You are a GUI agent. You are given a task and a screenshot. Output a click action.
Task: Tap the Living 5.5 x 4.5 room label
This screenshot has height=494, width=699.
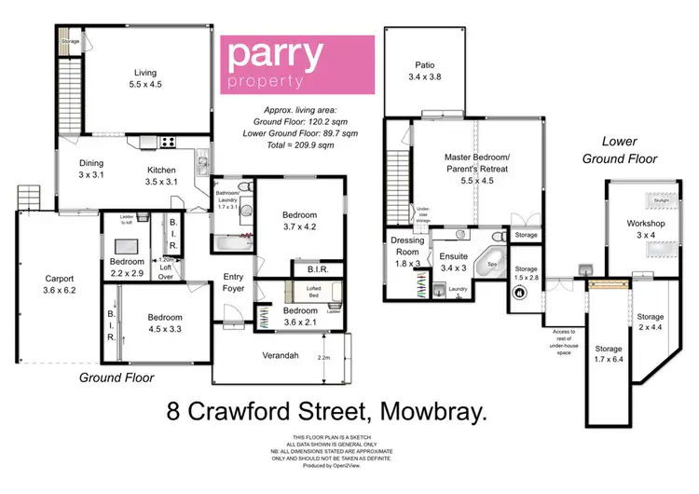click(x=144, y=77)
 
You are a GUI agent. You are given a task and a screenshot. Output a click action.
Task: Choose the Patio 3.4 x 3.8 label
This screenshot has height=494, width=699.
click(x=424, y=71)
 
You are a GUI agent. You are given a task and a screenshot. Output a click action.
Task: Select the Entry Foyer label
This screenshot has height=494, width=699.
click(x=233, y=282)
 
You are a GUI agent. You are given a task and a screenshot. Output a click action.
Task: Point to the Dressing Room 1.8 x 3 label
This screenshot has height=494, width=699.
click(x=407, y=252)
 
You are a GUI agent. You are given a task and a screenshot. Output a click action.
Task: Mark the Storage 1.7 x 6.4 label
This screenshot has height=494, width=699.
click(x=609, y=353)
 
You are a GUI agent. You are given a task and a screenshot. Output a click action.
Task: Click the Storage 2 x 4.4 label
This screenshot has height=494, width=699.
click(x=650, y=322)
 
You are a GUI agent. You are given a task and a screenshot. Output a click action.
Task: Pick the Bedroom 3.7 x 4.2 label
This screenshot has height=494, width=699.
click(x=299, y=220)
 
